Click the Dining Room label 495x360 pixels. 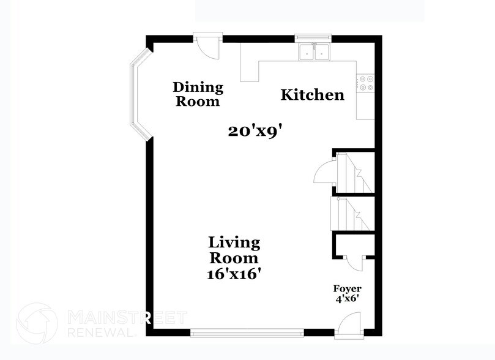pyautogui.click(x=198, y=94)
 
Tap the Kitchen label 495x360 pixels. pyautogui.click(x=312, y=95)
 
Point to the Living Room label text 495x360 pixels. pyautogui.click(x=234, y=250)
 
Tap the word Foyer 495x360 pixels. pyautogui.click(x=347, y=288)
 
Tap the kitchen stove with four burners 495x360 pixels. pyautogui.click(x=365, y=83)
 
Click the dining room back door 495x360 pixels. pyautogui.click(x=206, y=47)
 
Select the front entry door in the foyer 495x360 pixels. pyautogui.click(x=351, y=323)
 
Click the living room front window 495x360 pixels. pyautogui.click(x=247, y=332)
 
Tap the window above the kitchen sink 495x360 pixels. pyautogui.click(x=313, y=38)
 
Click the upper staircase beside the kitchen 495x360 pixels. pyautogui.click(x=354, y=173)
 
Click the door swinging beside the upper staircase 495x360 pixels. pyautogui.click(x=324, y=171)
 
